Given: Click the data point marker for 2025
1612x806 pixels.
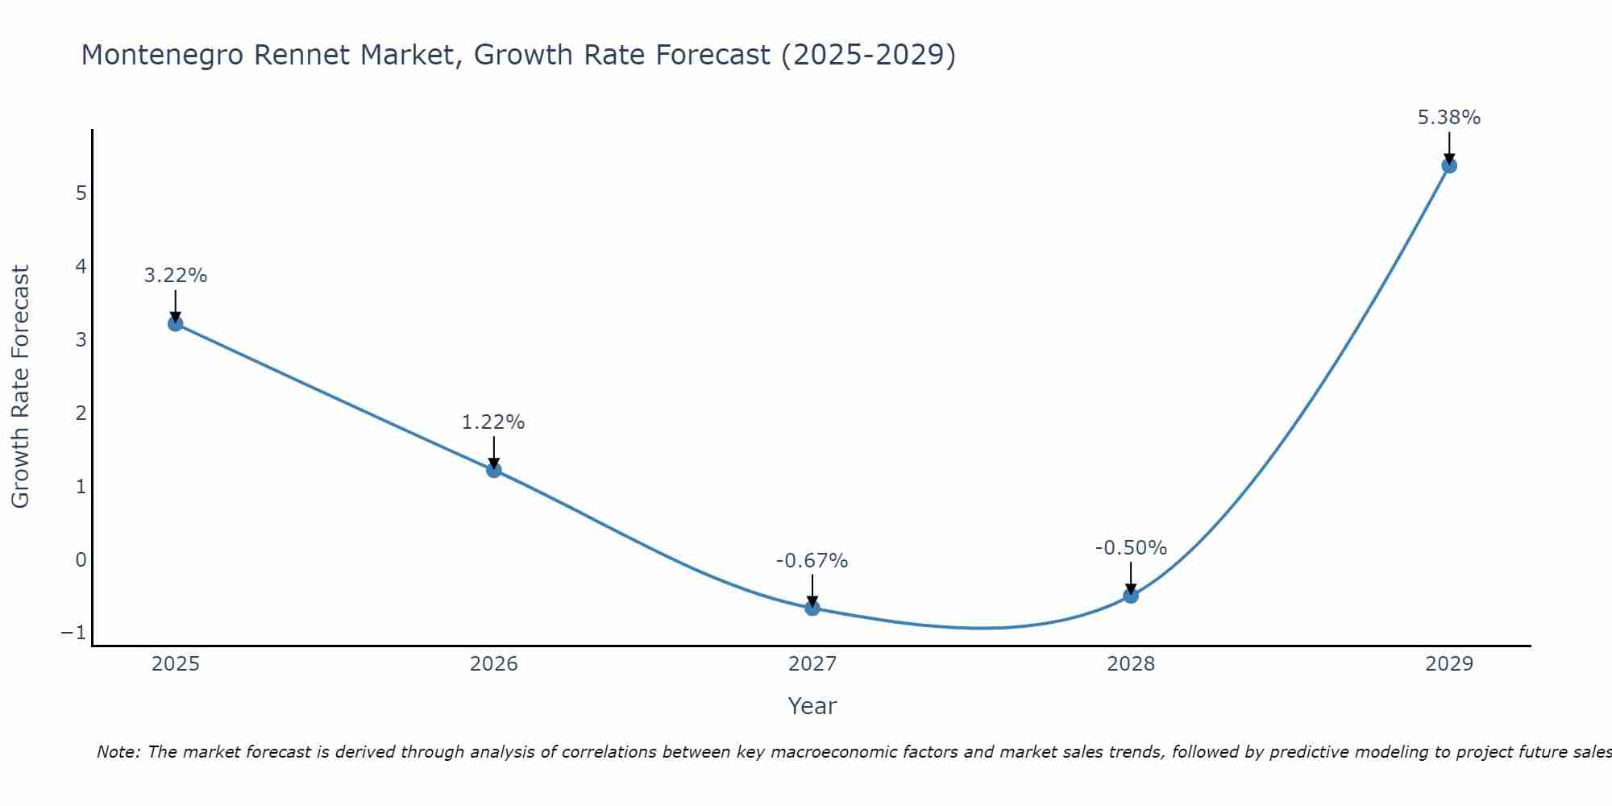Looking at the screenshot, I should coord(176,324).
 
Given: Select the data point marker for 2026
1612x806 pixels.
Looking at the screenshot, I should coord(494,470).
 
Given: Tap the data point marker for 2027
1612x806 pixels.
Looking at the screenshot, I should coord(812,608).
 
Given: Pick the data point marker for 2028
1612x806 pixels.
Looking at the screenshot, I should coord(1131,596).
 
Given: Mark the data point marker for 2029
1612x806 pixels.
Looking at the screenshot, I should coord(1449,166).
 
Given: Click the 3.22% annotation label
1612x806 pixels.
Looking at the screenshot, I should coord(176,276).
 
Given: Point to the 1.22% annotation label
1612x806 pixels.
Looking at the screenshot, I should coord(493,422).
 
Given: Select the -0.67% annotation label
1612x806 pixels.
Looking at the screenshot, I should coord(812,561).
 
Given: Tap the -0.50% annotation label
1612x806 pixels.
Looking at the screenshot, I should coord(1131,548).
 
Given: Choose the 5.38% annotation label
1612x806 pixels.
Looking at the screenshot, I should coord(1448,118).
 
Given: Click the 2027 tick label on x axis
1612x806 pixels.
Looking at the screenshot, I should coord(812,664).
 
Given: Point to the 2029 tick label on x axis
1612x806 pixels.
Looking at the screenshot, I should coord(1449,664).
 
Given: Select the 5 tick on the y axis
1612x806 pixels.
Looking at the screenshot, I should coord(81,193).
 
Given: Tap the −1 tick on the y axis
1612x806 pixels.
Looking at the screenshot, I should coord(73,633).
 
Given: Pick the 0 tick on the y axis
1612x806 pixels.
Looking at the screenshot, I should coord(81,559).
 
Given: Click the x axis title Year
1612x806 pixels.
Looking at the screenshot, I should coord(812,706).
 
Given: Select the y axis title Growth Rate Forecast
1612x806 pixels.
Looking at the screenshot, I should coord(20,386).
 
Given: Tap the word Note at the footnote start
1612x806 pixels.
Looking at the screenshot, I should coord(118,752).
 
